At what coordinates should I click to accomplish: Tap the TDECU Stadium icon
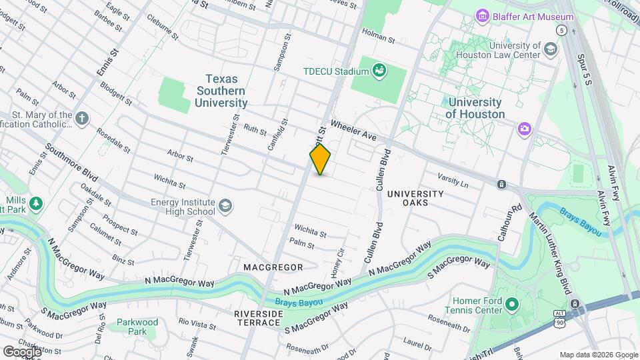click(x=379, y=70)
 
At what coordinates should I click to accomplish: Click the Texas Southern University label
click(x=221, y=91)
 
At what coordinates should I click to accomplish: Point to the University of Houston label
click(x=475, y=108)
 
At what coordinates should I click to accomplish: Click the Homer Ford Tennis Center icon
click(x=512, y=306)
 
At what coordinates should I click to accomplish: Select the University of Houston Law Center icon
click(x=550, y=49)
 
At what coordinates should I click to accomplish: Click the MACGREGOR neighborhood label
click(x=273, y=267)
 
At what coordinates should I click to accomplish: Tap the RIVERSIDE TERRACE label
click(x=257, y=317)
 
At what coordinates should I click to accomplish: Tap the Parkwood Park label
click(x=137, y=327)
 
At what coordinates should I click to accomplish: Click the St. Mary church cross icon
click(x=82, y=119)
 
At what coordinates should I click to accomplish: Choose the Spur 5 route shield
click(x=563, y=31)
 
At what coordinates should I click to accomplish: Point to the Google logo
click(x=22, y=351)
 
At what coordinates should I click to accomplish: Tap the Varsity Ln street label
click(x=453, y=179)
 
